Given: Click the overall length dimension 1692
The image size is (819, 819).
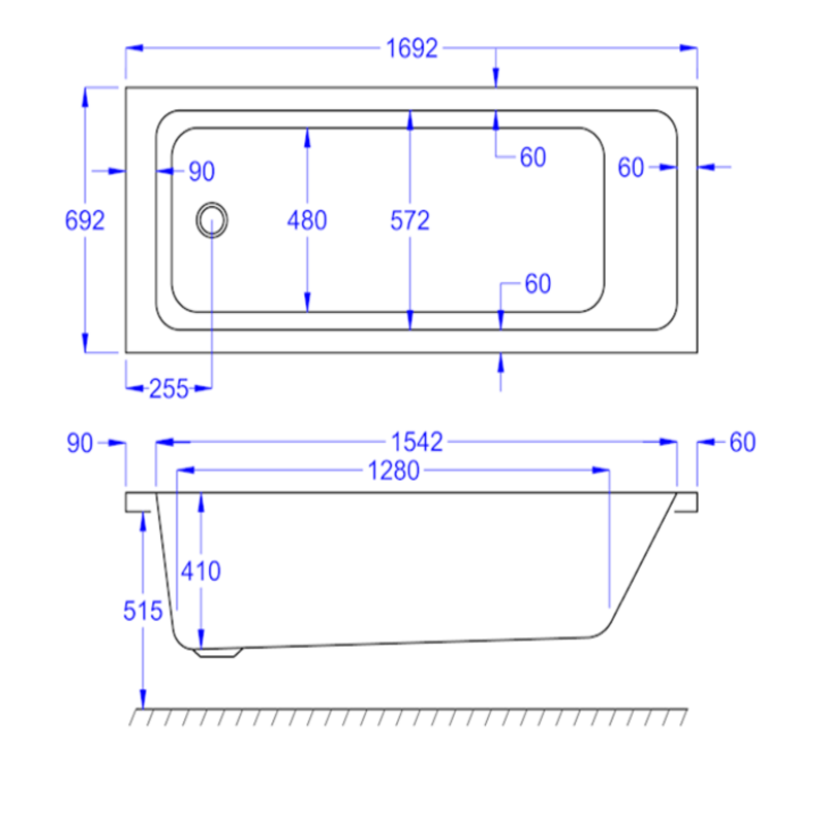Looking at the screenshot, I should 412,49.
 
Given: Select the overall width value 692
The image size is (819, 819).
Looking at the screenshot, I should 84,220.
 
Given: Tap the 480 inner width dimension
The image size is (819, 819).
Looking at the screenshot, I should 307,221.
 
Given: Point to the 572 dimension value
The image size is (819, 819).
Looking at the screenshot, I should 409,221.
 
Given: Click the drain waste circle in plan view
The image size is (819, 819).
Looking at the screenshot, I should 211,220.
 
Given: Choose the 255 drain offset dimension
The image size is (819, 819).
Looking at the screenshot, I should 168,389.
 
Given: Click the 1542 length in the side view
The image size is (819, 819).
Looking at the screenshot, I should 417,442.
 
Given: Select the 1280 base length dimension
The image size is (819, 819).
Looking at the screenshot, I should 394,470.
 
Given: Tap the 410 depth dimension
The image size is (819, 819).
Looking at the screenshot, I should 201,571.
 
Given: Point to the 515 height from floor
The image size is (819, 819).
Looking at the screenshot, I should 142,611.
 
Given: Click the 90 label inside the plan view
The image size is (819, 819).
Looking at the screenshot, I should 201,171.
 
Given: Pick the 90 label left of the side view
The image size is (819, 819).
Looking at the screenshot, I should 80,443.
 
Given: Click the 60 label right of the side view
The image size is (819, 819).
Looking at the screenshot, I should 742,442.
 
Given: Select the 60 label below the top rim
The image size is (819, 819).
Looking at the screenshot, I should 533,157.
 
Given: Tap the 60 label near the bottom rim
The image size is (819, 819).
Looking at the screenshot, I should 537,284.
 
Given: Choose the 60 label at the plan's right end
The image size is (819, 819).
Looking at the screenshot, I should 630,167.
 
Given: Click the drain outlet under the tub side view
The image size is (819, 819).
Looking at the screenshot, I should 218,653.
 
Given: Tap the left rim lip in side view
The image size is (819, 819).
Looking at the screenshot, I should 138,502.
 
